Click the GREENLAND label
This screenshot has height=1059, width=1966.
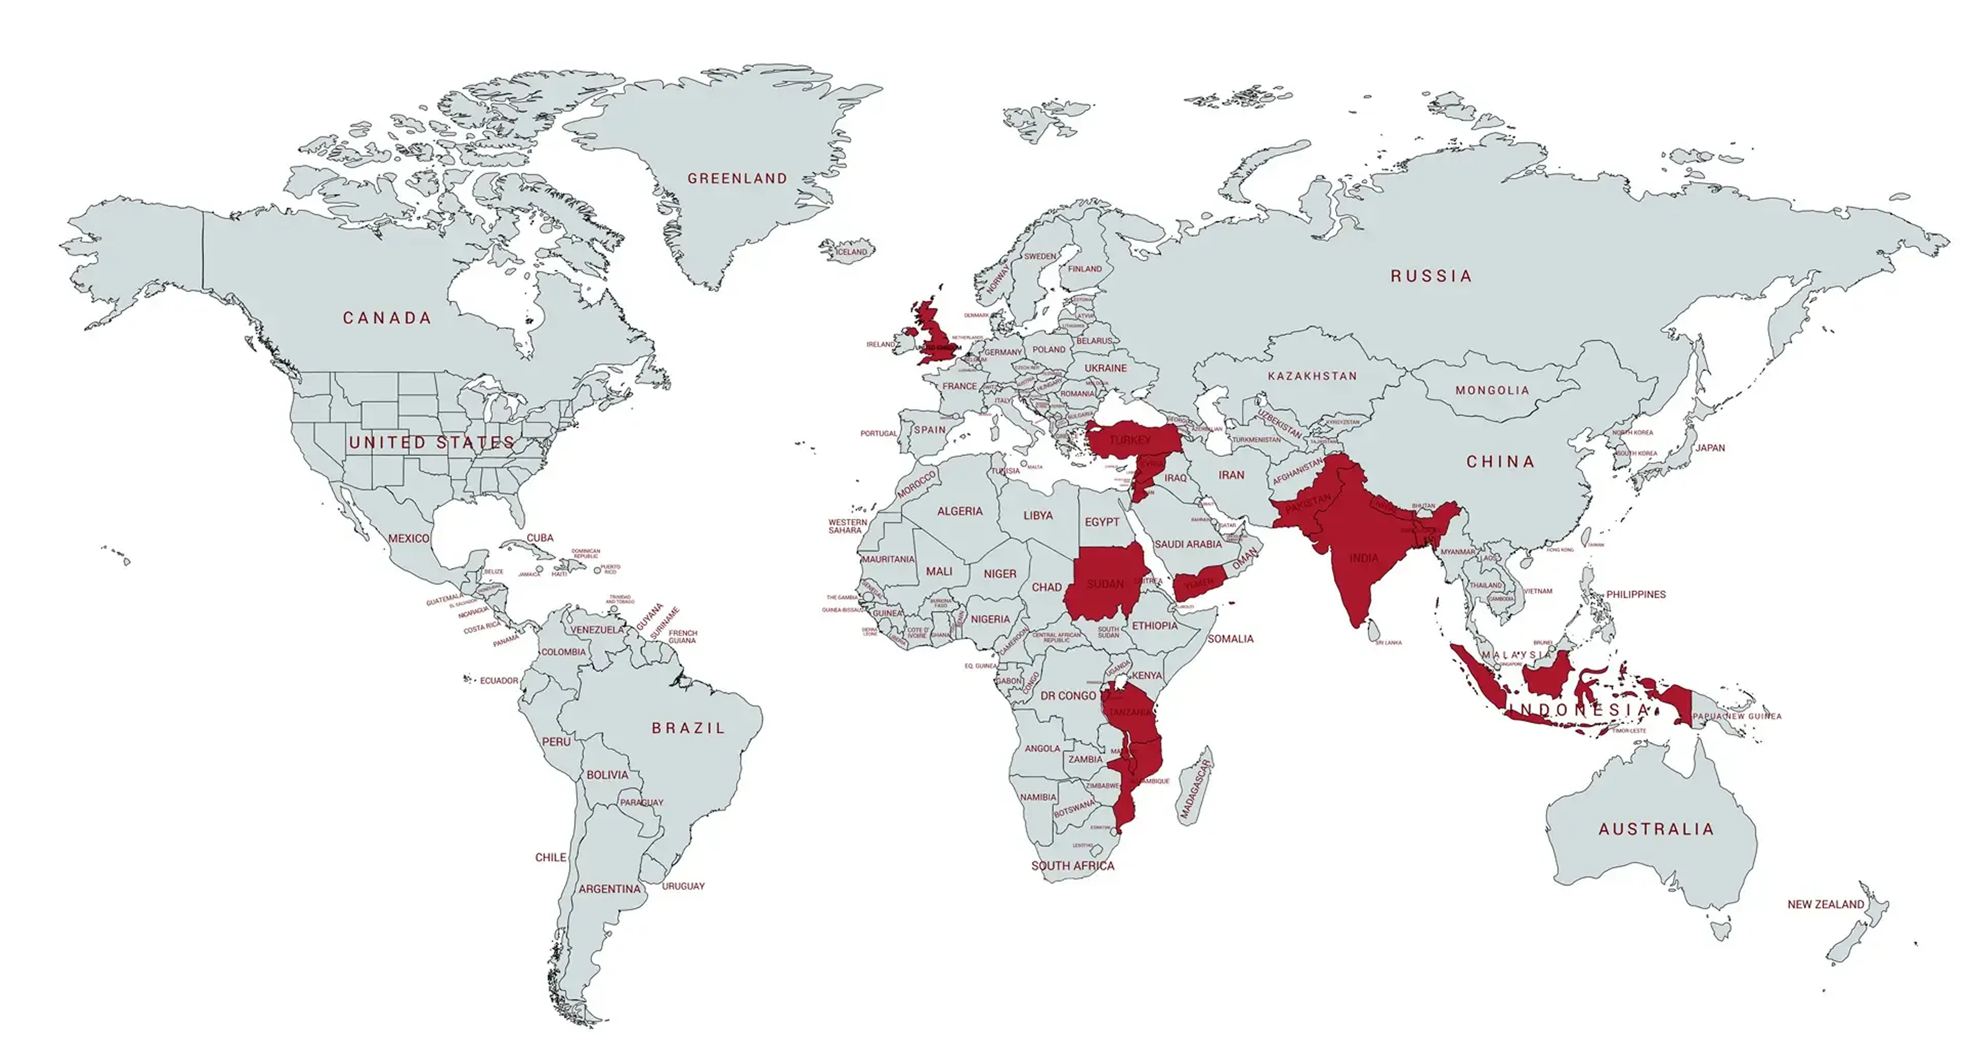click(x=736, y=178)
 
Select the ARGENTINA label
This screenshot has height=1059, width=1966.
click(x=609, y=889)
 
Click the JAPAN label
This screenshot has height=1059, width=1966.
click(x=1710, y=448)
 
